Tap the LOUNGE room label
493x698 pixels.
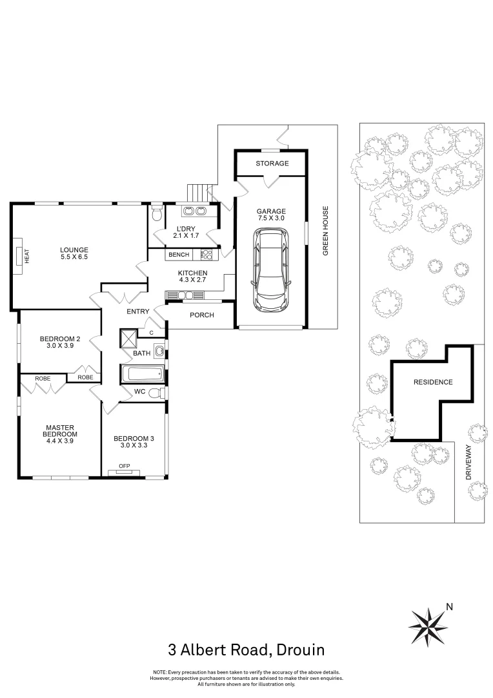(x=74, y=250)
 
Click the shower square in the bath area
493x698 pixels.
(x=128, y=338)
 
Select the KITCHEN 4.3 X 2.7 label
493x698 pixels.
(x=192, y=277)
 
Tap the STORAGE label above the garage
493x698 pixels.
(x=272, y=164)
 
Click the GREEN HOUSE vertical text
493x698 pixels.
(x=326, y=231)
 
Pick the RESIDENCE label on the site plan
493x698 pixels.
(x=433, y=382)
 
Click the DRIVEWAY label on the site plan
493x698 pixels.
(x=469, y=463)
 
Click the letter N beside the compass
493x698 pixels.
(x=450, y=607)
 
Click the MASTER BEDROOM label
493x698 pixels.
(x=60, y=430)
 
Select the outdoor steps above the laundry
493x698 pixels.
(x=199, y=193)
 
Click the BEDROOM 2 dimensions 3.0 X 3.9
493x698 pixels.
(x=60, y=346)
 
